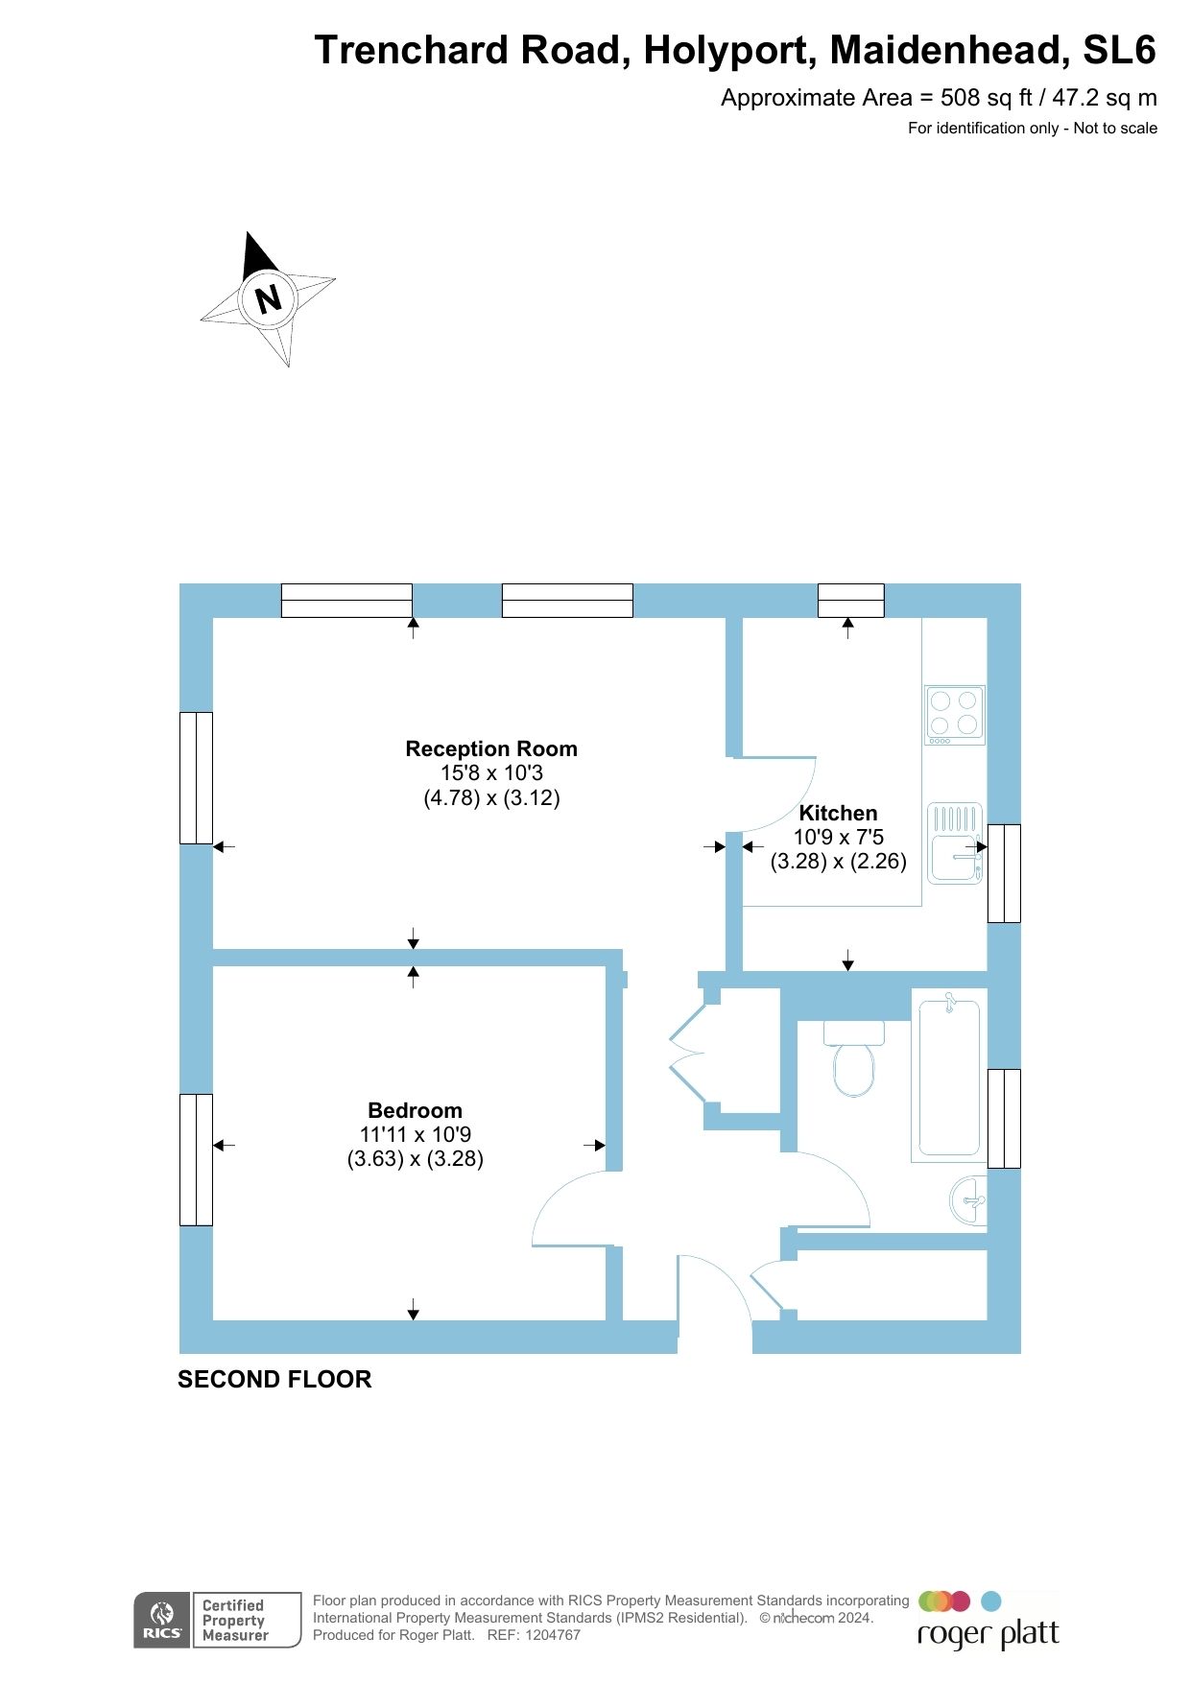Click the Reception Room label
(491, 748)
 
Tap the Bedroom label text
(415, 1110)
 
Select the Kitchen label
(838, 813)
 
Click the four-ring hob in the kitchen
(954, 715)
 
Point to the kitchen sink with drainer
(954, 843)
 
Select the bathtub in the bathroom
(949, 1078)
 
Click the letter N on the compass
(268, 298)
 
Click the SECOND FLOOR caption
(274, 1379)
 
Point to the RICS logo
(161, 1620)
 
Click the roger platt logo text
(988, 1633)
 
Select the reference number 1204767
(552, 1635)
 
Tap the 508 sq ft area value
(985, 98)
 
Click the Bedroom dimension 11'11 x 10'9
(415, 1134)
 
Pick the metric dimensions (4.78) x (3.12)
(491, 797)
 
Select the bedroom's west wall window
(196, 1159)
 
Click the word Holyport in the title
(729, 50)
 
